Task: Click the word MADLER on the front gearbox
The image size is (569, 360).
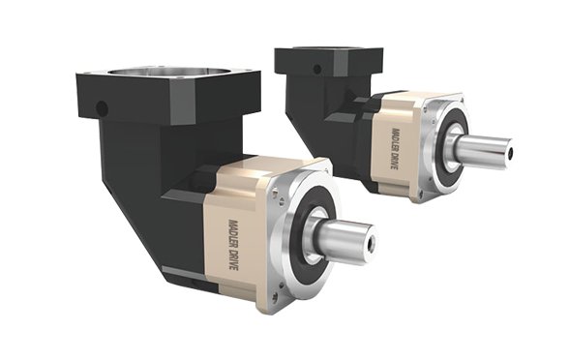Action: pos(232,232)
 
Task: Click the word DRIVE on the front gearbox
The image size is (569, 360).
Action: pos(233,259)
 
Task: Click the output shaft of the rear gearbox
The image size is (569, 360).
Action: pos(484,148)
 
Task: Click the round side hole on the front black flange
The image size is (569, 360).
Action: pos(102,107)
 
